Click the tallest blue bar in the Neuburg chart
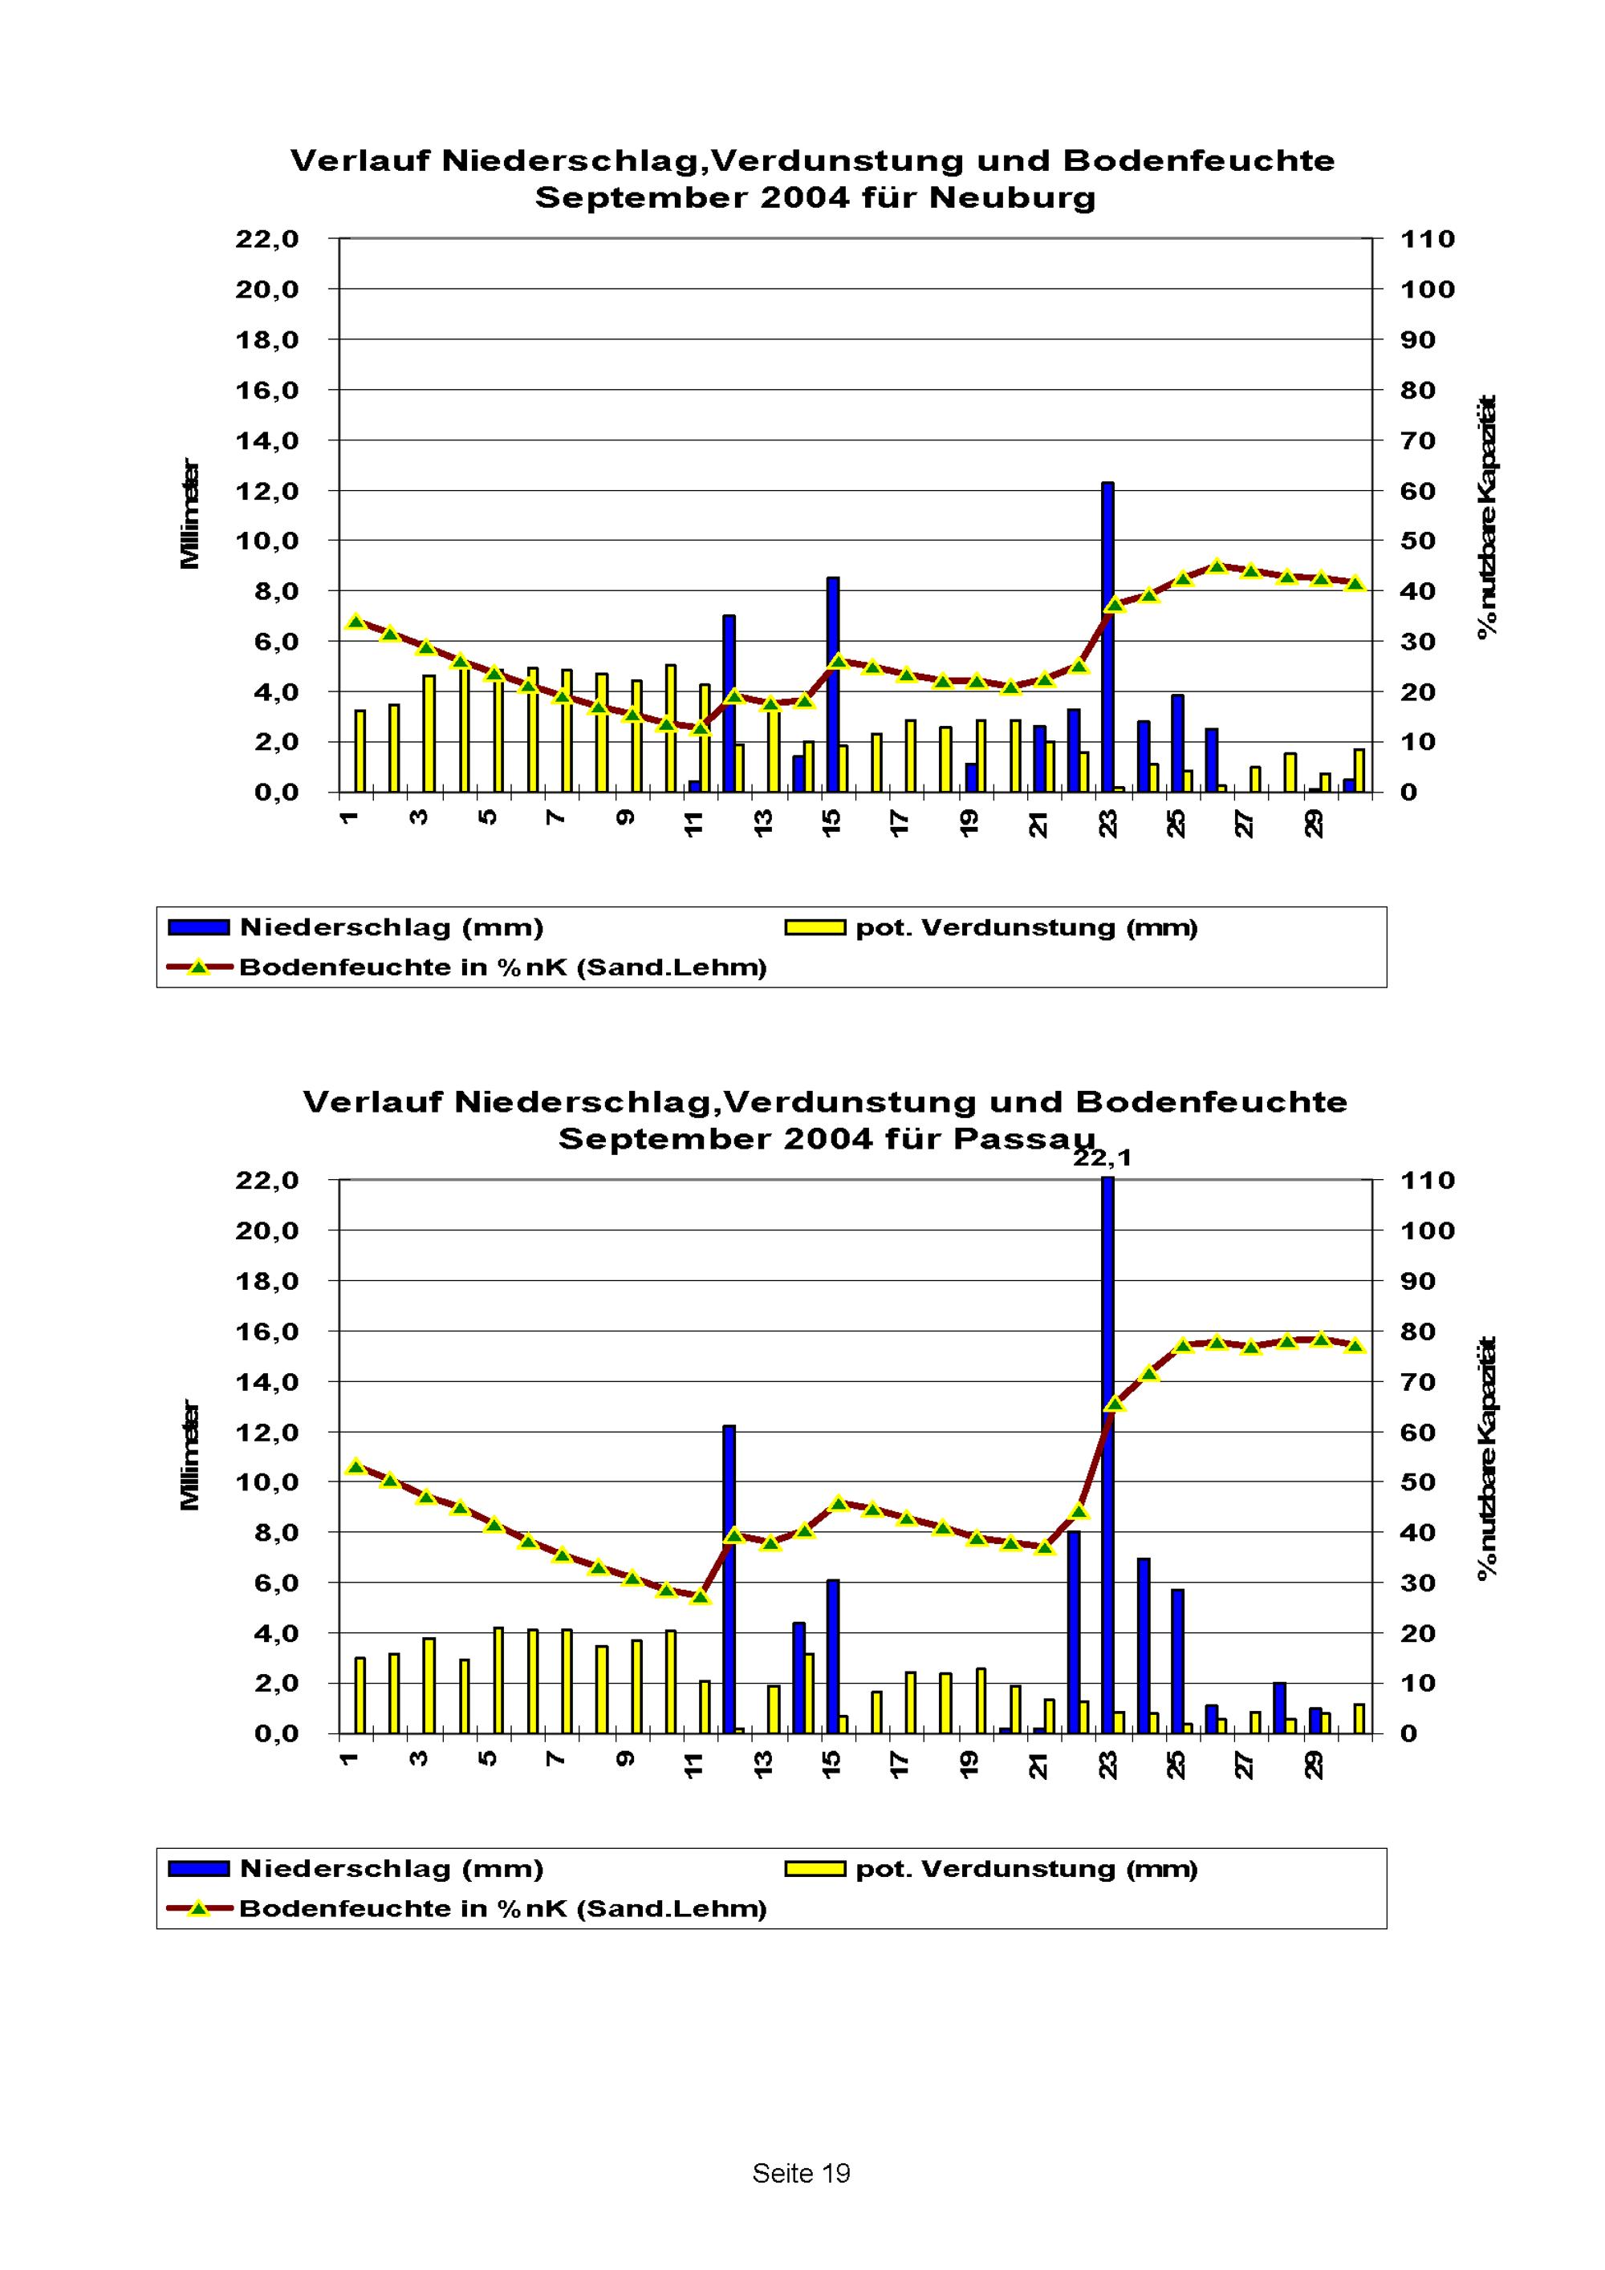coord(1107,637)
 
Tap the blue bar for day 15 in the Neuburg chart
coord(833,684)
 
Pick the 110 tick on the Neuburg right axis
coord(1427,239)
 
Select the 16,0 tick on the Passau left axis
coord(267,1332)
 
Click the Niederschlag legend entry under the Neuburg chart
coord(391,927)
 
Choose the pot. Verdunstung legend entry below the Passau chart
coord(1026,1869)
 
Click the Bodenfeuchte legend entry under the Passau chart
coord(502,1908)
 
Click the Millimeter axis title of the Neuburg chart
coord(190,514)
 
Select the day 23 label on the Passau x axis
coord(1107,1765)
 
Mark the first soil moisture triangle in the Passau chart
coord(357,1467)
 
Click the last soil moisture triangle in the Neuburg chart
coord(1355,583)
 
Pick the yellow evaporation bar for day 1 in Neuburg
coord(360,751)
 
